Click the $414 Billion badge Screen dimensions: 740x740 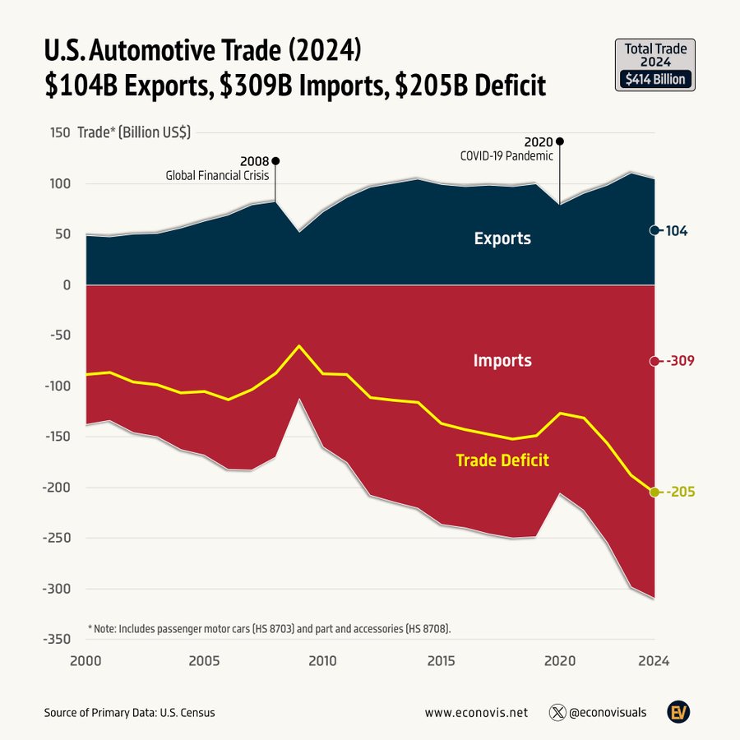(655, 80)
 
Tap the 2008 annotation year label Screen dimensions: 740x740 (254, 161)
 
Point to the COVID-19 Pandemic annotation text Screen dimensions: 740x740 (506, 155)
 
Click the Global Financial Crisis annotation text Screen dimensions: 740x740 (217, 174)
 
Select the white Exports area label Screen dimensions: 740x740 (502, 239)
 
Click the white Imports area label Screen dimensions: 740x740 (502, 361)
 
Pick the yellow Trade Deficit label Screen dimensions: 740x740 (502, 460)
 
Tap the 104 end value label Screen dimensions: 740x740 (676, 231)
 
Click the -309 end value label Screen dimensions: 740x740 (681, 361)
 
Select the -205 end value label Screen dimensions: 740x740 (681, 492)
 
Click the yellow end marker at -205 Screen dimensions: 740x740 (654, 492)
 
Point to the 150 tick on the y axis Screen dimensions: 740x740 (58, 132)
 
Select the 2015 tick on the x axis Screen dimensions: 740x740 (441, 660)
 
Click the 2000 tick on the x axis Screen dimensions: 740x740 (86, 660)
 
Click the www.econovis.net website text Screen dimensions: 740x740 (477, 713)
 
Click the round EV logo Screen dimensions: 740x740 (678, 712)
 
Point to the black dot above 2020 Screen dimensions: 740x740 (560, 141)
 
